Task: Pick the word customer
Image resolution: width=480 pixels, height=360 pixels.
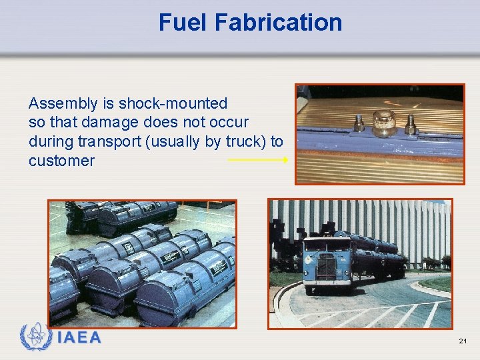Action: point(61,161)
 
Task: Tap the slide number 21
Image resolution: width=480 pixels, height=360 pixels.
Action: point(463,341)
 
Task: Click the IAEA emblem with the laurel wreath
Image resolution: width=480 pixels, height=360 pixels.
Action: point(35,337)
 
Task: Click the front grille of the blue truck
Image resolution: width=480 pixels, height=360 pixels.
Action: point(327,268)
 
